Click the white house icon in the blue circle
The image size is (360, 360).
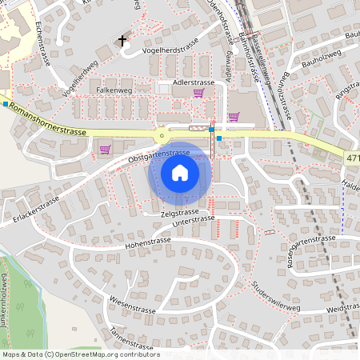tap(179, 172)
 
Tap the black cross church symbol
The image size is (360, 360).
tap(122, 40)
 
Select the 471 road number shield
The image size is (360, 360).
tap(353, 159)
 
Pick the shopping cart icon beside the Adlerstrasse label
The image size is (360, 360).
tap(198, 93)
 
